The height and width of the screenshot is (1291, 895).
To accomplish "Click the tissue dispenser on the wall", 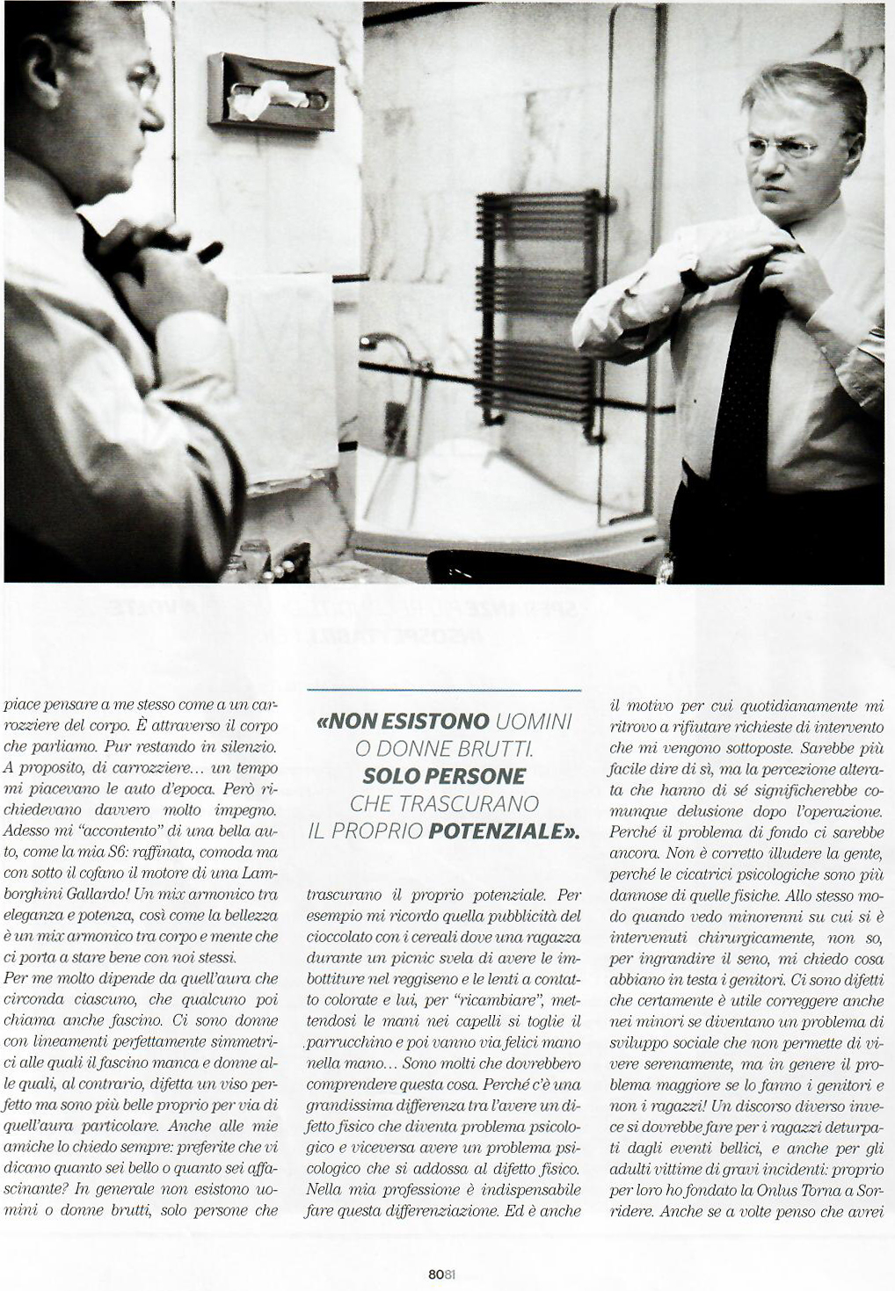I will coord(272,91).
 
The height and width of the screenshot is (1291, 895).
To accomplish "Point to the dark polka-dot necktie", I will coord(744,387).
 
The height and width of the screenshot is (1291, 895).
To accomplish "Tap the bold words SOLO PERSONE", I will coord(444,777).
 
